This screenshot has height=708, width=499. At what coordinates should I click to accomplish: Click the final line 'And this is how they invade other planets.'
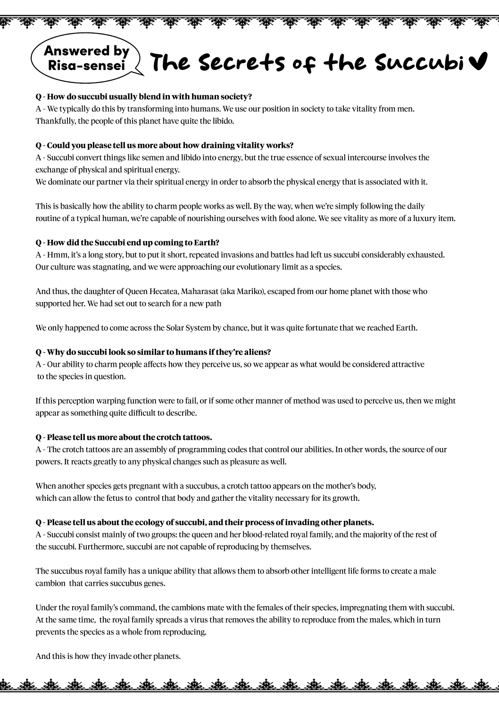[x=108, y=656]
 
